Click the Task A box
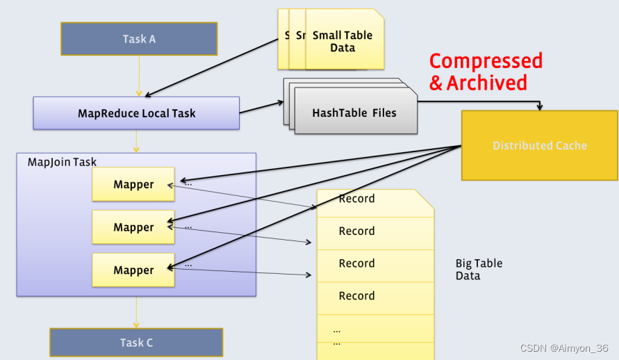[x=139, y=39]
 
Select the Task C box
[x=136, y=343]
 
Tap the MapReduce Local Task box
[x=136, y=113]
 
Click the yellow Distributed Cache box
[x=540, y=146]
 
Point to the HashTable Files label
[x=354, y=113]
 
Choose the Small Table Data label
[x=342, y=42]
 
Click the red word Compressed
[x=486, y=61]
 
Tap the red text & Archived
[x=478, y=83]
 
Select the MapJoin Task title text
[x=62, y=162]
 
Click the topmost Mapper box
[x=133, y=184]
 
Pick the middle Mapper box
[x=133, y=227]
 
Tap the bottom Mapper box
[x=133, y=270]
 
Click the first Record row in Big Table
[x=356, y=199]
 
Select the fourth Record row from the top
[x=356, y=296]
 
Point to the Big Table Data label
[x=479, y=270]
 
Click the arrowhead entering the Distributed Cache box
[x=540, y=106]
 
